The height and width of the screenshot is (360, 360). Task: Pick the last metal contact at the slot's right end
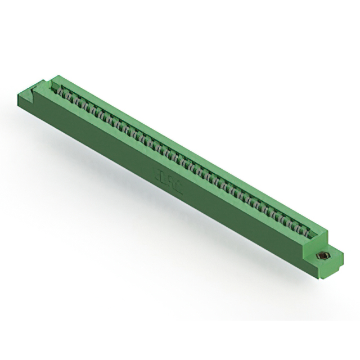[304, 229]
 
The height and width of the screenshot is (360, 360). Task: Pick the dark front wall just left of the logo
[141, 169]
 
